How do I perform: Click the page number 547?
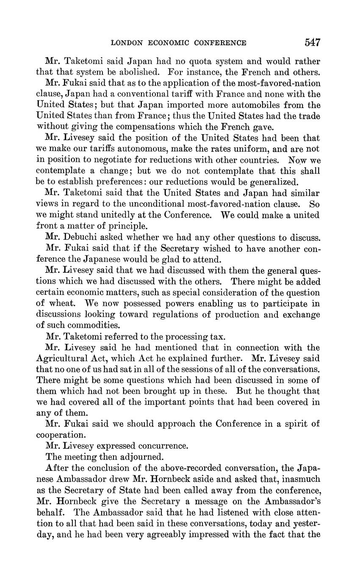click(x=312, y=42)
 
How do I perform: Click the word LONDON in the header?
click(x=124, y=43)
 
